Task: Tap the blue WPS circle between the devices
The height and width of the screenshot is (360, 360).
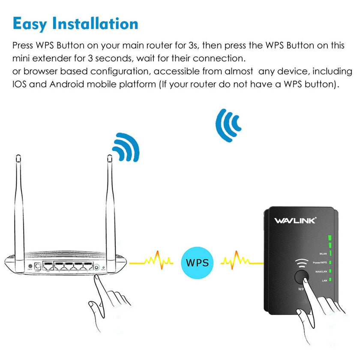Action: (x=197, y=261)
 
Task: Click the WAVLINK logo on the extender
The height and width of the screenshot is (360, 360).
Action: (x=295, y=221)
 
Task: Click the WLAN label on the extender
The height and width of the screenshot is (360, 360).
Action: (x=322, y=253)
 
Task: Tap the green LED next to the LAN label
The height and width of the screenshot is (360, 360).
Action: (x=330, y=280)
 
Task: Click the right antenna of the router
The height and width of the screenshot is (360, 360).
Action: (x=110, y=201)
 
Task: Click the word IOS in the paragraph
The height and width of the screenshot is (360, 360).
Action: (x=21, y=84)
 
